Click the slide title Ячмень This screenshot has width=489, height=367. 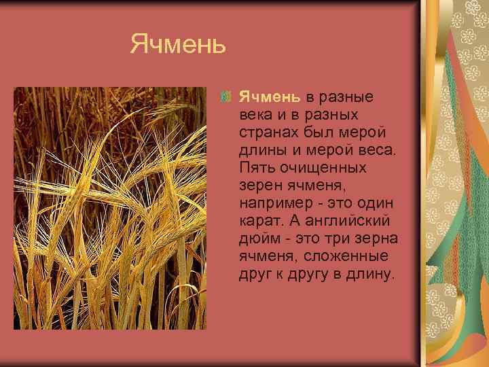click(x=177, y=46)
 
